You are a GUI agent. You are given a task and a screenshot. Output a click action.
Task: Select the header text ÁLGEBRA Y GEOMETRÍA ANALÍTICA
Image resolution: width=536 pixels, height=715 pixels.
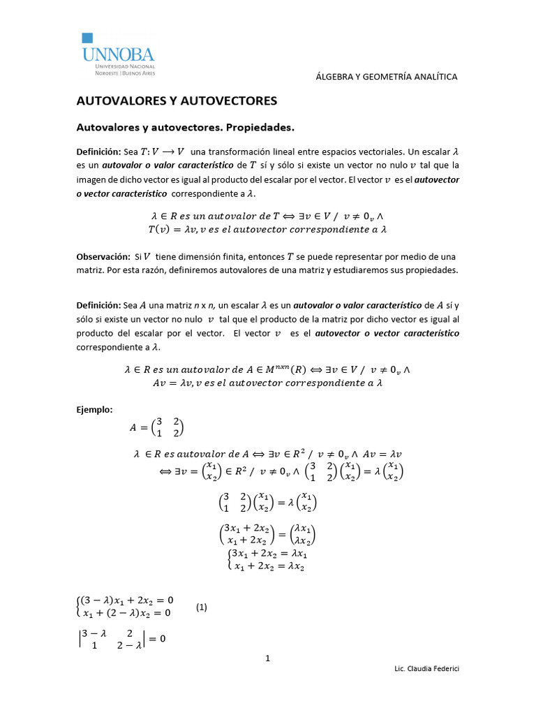[387, 77]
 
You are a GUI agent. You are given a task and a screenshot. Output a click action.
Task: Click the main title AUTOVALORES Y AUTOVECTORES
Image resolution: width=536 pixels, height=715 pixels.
[177, 101]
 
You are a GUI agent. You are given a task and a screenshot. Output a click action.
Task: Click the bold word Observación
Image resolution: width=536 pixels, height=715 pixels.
[103, 257]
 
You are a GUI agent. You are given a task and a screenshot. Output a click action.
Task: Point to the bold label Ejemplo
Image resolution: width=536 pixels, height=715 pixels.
[94, 409]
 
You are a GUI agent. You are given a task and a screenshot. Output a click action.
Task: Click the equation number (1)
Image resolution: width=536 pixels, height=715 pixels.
[202, 607]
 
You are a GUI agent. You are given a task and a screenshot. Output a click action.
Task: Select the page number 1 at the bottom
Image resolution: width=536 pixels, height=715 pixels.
[267, 658]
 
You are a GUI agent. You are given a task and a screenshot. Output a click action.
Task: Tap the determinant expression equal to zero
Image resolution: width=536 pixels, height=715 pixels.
[122, 639]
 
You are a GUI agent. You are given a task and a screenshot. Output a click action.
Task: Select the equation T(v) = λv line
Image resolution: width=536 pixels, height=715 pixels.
[268, 229]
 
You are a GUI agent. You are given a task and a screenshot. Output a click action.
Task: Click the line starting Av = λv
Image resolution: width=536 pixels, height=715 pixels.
[268, 383]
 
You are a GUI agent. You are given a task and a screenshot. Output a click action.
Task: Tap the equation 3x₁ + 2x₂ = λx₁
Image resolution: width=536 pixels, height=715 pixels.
[269, 554]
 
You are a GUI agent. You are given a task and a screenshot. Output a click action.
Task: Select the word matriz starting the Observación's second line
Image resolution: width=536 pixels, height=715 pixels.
[89, 270]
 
